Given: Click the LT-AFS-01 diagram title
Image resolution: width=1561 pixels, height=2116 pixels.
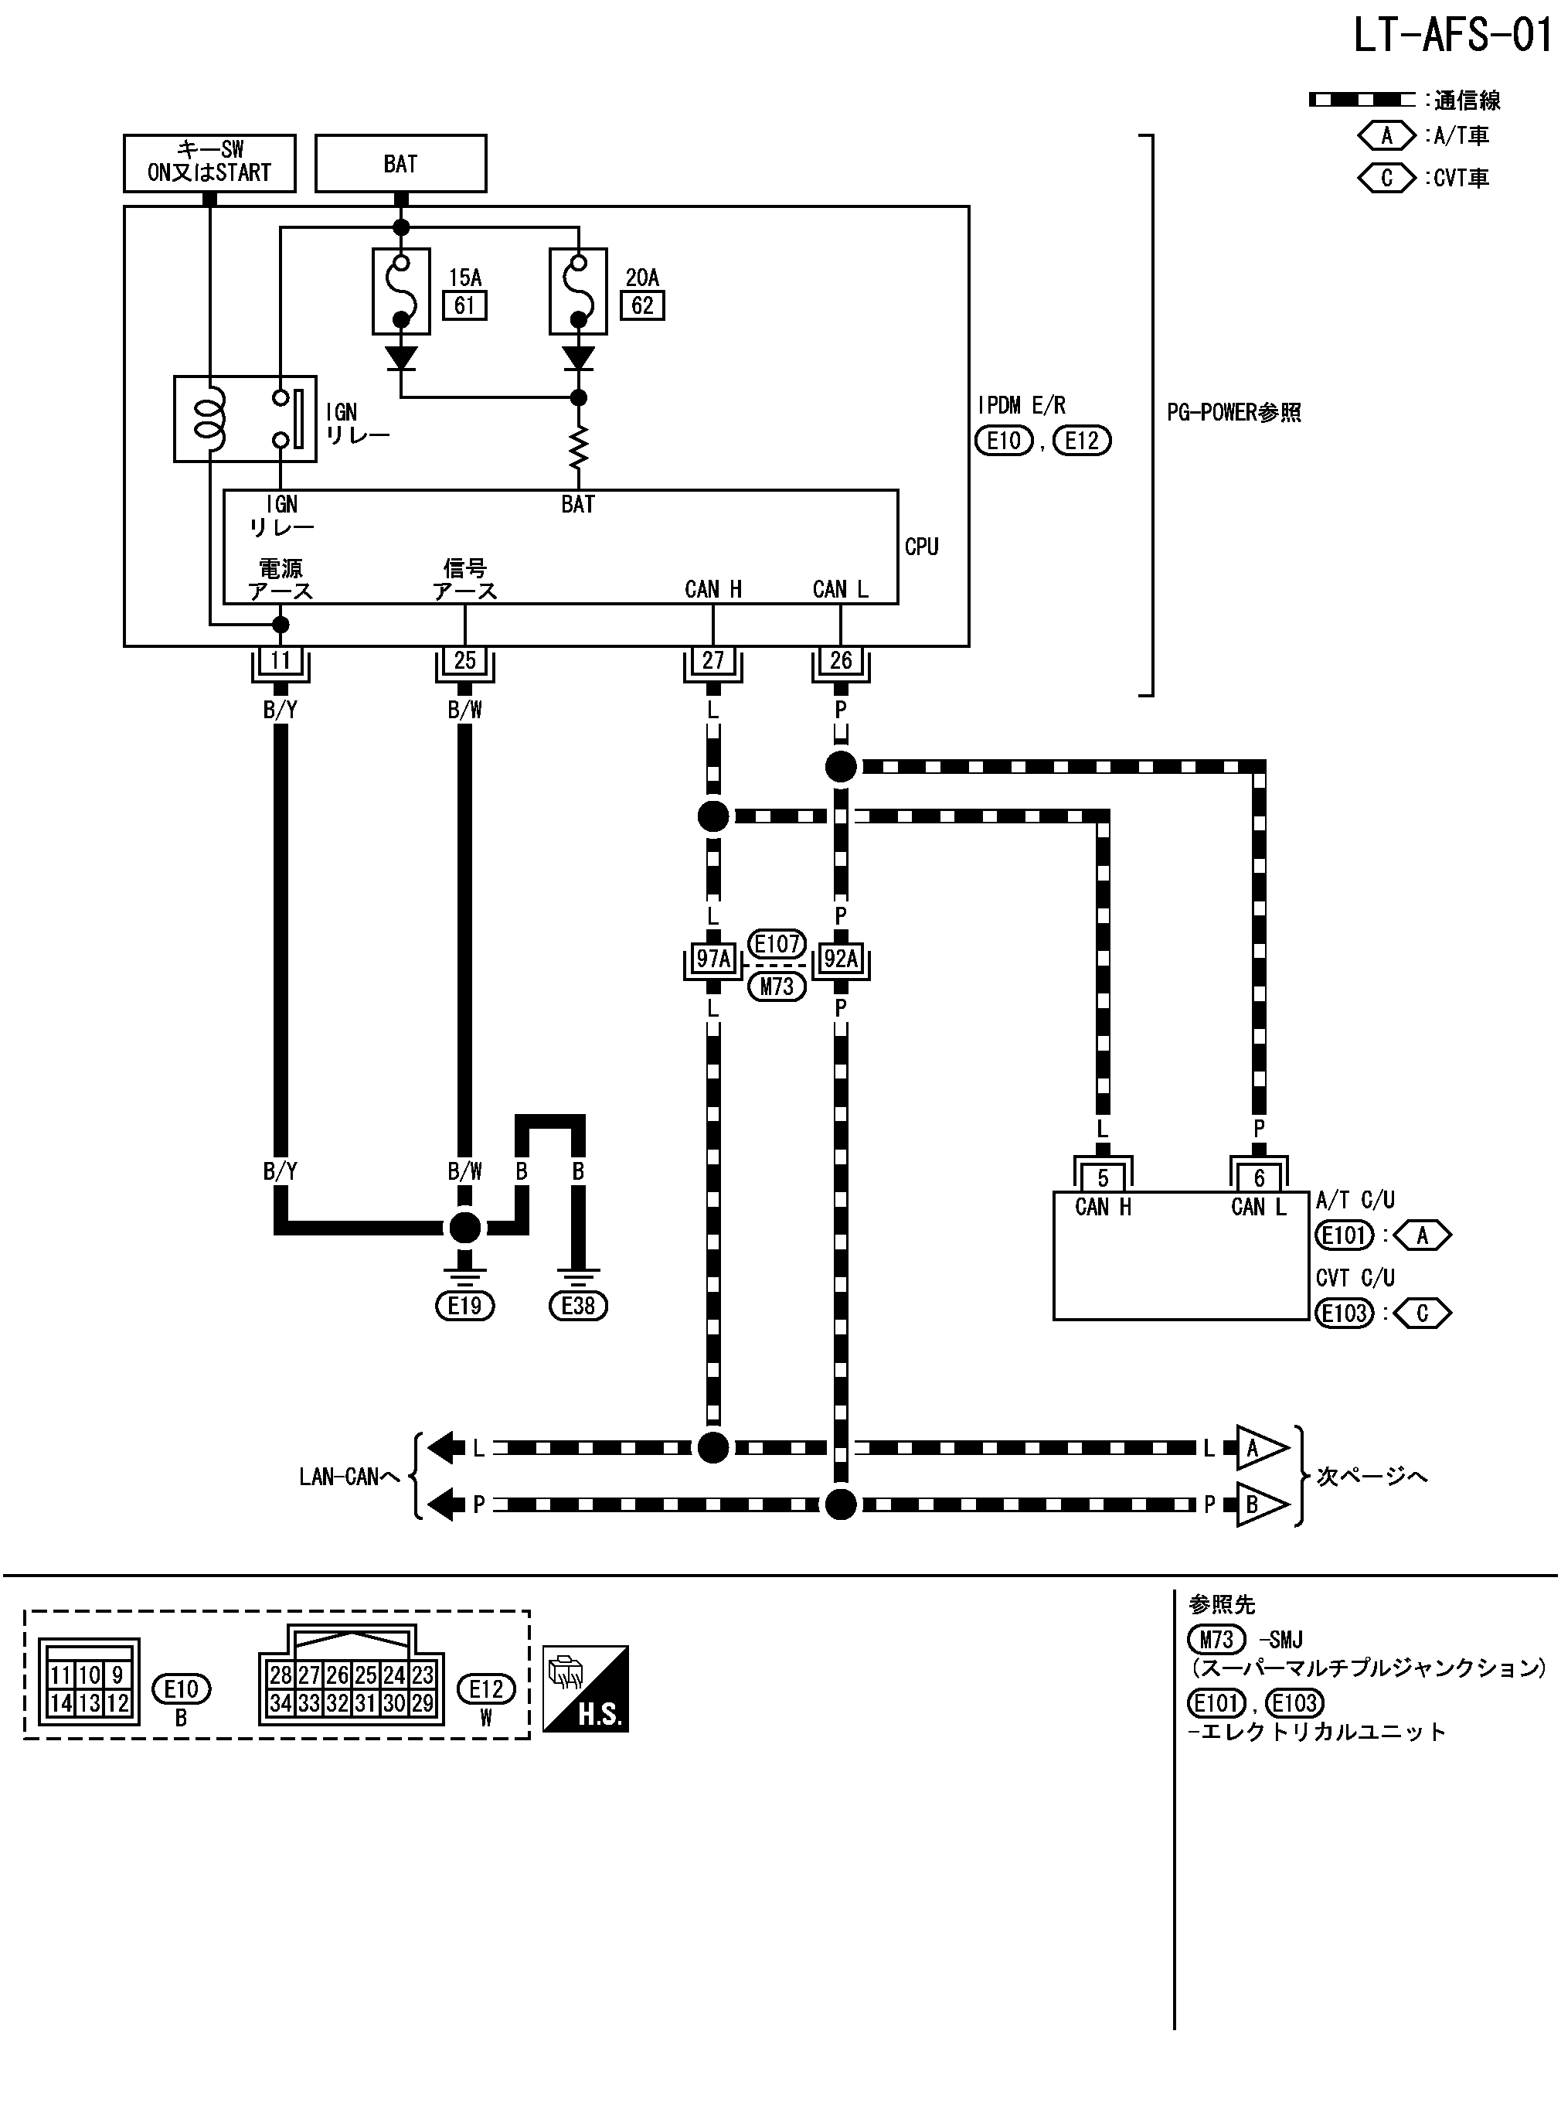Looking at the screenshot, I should click(1451, 36).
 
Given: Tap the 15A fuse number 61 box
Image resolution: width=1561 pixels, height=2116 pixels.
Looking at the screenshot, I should click(464, 305).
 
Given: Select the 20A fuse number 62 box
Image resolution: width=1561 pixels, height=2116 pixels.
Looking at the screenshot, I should click(641, 305).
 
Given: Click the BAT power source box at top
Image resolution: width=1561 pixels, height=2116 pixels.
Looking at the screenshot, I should click(400, 163).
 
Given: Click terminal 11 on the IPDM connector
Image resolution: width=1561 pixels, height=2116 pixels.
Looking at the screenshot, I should click(280, 660).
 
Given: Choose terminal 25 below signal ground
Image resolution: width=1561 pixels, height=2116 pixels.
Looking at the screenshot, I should click(464, 660).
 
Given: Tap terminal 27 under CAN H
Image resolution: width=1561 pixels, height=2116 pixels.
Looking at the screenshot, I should click(712, 660).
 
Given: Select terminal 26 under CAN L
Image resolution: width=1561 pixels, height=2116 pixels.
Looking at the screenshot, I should click(840, 660).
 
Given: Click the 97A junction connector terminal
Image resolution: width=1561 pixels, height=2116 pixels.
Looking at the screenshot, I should click(712, 959).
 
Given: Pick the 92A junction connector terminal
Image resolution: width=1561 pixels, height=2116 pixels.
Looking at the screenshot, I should click(840, 959).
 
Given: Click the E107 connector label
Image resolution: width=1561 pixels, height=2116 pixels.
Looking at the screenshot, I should click(777, 943).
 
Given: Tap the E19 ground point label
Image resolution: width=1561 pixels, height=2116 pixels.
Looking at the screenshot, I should click(464, 1306).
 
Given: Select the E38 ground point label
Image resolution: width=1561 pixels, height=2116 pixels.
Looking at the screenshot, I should click(577, 1306).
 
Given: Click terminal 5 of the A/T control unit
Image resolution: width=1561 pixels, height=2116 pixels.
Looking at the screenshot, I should click(1102, 1177).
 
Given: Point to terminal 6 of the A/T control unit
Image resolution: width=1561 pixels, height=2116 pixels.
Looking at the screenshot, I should click(1259, 1177).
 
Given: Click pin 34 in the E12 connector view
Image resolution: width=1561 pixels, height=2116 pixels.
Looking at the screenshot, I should click(281, 1703).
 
